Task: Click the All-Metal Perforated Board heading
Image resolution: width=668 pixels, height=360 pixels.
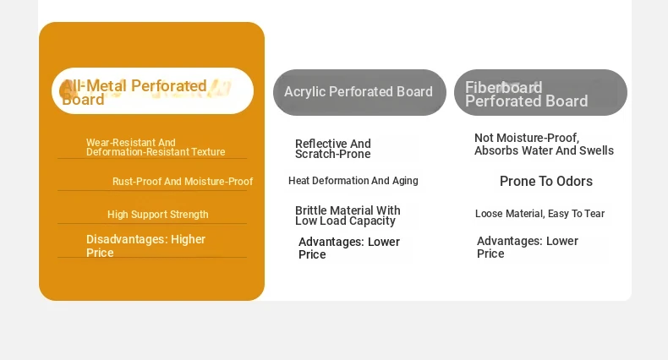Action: tap(134, 92)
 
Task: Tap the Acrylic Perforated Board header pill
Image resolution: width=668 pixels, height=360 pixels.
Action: tap(359, 92)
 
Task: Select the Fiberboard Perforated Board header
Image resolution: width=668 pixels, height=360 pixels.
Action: tap(540, 92)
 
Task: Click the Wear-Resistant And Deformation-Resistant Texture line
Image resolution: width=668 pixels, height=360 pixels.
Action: tap(156, 147)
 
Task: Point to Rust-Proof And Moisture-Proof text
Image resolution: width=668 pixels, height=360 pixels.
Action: tap(183, 182)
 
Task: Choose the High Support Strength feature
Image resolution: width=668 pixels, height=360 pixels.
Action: tap(157, 215)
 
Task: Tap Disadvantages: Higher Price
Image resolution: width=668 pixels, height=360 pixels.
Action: tap(145, 246)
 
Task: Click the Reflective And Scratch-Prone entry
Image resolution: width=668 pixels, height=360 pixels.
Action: tap(333, 149)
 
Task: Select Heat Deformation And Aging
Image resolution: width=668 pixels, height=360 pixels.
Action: tap(353, 181)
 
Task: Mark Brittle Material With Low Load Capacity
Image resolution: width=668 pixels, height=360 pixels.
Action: tap(348, 215)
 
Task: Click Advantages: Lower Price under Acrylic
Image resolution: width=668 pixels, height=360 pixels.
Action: tap(349, 248)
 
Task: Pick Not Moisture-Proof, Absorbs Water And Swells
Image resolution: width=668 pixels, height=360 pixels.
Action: tap(544, 145)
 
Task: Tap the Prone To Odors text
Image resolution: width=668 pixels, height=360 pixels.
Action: tap(546, 182)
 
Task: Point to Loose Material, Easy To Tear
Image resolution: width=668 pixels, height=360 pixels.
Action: tap(539, 214)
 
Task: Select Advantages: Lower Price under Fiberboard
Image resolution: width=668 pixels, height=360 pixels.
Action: tap(528, 248)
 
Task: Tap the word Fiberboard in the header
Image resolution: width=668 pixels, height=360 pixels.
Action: tap(504, 88)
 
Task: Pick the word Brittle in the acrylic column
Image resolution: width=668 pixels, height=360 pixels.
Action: tap(311, 210)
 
